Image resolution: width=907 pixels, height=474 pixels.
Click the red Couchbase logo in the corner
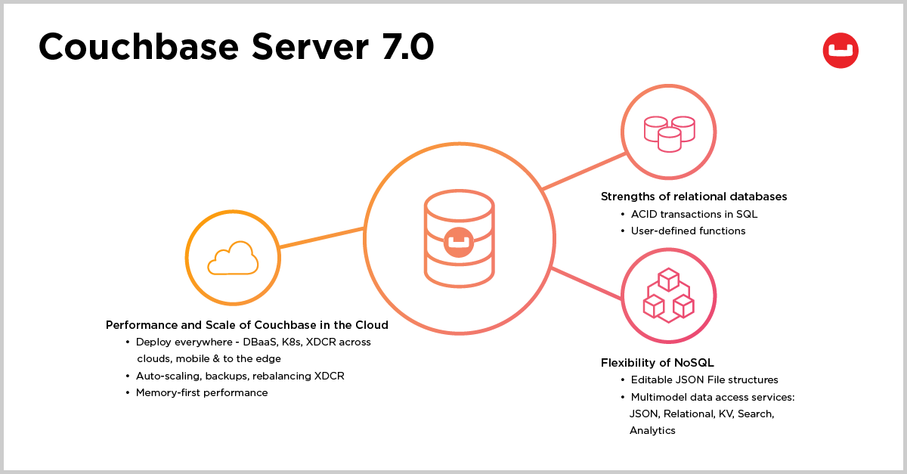tap(840, 50)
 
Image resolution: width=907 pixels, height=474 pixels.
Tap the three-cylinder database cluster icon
tap(670, 134)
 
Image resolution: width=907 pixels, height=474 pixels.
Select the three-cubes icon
tap(668, 295)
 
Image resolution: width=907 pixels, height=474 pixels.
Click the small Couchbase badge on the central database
tap(459, 242)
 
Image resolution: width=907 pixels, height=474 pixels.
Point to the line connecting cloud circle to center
tap(322, 237)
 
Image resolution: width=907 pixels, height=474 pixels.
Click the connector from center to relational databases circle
tap(584, 171)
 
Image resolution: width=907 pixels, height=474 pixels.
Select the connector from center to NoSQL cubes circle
tap(587, 283)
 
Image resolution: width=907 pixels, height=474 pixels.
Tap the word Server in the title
tap(310, 47)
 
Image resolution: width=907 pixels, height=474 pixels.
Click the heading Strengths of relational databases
tap(694, 197)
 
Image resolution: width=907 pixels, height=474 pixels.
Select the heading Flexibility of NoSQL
tap(657, 363)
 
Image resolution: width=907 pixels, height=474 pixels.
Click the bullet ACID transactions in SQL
tap(694, 214)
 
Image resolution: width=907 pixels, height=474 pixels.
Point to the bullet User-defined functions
tap(688, 231)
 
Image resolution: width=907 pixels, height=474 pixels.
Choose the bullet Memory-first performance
tap(202, 392)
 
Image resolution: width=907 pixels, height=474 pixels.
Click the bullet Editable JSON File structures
tap(704, 380)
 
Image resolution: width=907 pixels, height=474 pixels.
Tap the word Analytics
tap(652, 430)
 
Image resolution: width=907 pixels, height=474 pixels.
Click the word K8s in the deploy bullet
tap(292, 342)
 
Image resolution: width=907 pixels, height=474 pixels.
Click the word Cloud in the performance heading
tap(371, 325)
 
